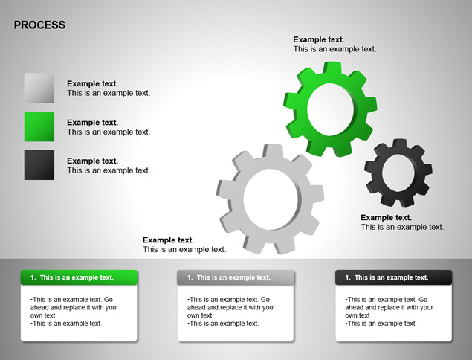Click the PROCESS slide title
tap(39, 25)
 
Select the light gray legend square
tap(39, 88)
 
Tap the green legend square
tap(39, 126)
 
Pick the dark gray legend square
tap(39, 165)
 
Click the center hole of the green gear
tap(330, 109)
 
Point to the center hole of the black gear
tap(398, 173)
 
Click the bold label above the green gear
tap(319, 39)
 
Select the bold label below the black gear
tap(387, 217)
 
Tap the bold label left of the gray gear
tap(169, 240)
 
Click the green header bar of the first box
tap(79, 277)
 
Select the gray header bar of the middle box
tap(236, 277)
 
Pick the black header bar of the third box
tap(394, 277)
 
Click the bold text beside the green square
tap(93, 123)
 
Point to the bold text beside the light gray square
tap(93, 84)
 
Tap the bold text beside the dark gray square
tap(93, 161)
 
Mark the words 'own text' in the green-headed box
tap(43, 315)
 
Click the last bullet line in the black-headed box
tap(381, 324)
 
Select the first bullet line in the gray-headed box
tap(231, 307)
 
